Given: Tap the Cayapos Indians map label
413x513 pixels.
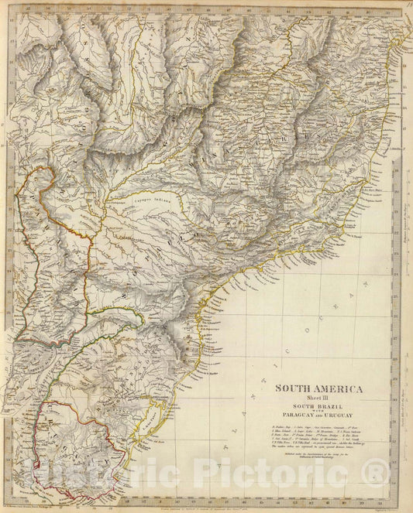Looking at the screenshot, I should pos(151,199).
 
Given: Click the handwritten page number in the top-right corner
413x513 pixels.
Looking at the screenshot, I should pos(406,6).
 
